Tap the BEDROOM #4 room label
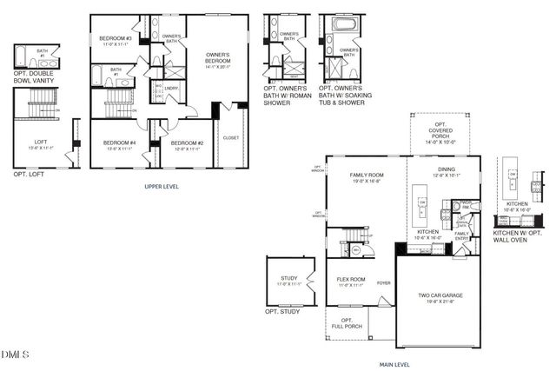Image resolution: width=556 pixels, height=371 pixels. tap(120, 144)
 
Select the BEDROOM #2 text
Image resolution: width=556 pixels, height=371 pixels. tap(187, 144)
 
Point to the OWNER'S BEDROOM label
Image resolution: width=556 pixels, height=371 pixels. tap(217, 59)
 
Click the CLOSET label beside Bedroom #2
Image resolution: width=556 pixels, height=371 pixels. tap(231, 137)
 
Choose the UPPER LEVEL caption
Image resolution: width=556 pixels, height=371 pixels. tap(162, 186)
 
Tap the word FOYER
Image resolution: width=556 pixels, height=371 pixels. tap(383, 282)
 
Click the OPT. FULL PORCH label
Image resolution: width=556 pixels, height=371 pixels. tap(342, 323)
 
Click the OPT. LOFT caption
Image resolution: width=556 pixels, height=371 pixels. tap(30, 175)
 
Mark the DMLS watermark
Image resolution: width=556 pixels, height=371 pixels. tap(17, 354)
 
